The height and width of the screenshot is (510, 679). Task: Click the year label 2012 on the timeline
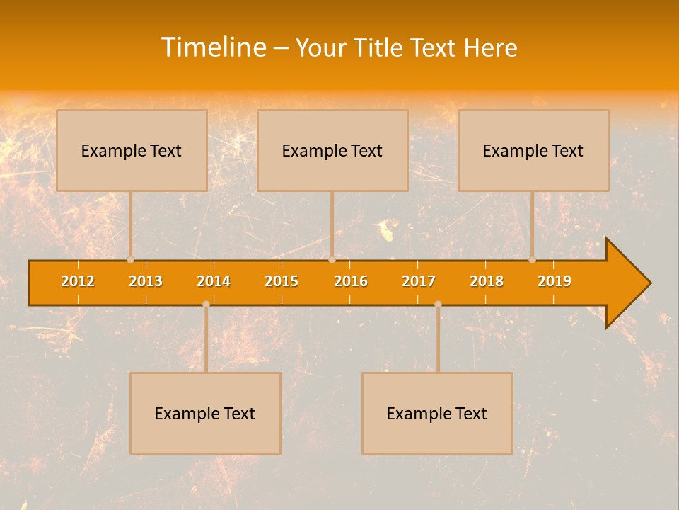point(78,281)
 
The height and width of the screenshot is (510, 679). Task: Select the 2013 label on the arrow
point(146,281)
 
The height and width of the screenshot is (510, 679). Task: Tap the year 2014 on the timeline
point(214,281)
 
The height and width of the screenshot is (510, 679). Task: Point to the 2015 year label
point(282,281)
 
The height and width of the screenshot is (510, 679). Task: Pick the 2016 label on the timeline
point(351,281)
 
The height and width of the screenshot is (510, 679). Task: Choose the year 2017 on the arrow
point(419,281)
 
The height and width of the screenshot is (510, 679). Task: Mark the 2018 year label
point(487,281)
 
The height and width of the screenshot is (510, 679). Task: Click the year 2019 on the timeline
point(555,281)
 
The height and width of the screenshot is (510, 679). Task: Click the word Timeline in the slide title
point(214,47)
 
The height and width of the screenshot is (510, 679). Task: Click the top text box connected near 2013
point(132,150)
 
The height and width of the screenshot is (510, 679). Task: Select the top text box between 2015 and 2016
point(332,150)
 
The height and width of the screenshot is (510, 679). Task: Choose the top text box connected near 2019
point(533,150)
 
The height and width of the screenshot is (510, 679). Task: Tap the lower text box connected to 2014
point(205,413)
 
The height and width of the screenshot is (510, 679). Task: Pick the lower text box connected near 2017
point(437,413)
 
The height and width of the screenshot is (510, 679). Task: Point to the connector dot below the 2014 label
point(206,305)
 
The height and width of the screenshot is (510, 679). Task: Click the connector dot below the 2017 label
point(438,305)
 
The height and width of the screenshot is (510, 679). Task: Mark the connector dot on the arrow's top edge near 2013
point(130,260)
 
